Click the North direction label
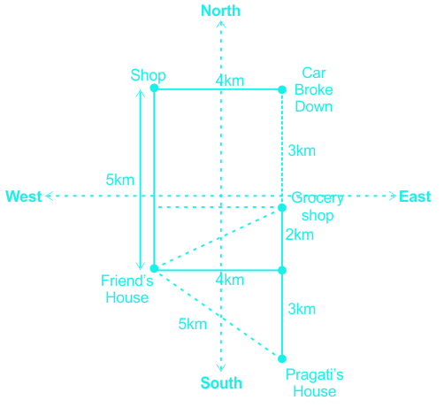(220, 11)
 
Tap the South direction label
(221, 383)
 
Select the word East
(415, 196)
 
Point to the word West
(24, 196)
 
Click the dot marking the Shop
(154, 88)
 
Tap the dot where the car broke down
(282, 89)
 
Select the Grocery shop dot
(282, 208)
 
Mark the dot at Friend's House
(154, 268)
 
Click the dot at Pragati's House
(282, 358)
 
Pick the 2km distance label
(300, 235)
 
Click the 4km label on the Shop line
(230, 81)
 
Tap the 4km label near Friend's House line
(230, 280)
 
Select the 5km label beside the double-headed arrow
(120, 180)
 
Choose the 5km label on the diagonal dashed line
(193, 324)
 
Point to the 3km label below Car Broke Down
(302, 150)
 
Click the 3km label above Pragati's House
(302, 309)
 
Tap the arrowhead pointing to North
(221, 24)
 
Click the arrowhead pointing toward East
(393, 196)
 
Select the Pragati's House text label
(315, 383)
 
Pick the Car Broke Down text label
(314, 89)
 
